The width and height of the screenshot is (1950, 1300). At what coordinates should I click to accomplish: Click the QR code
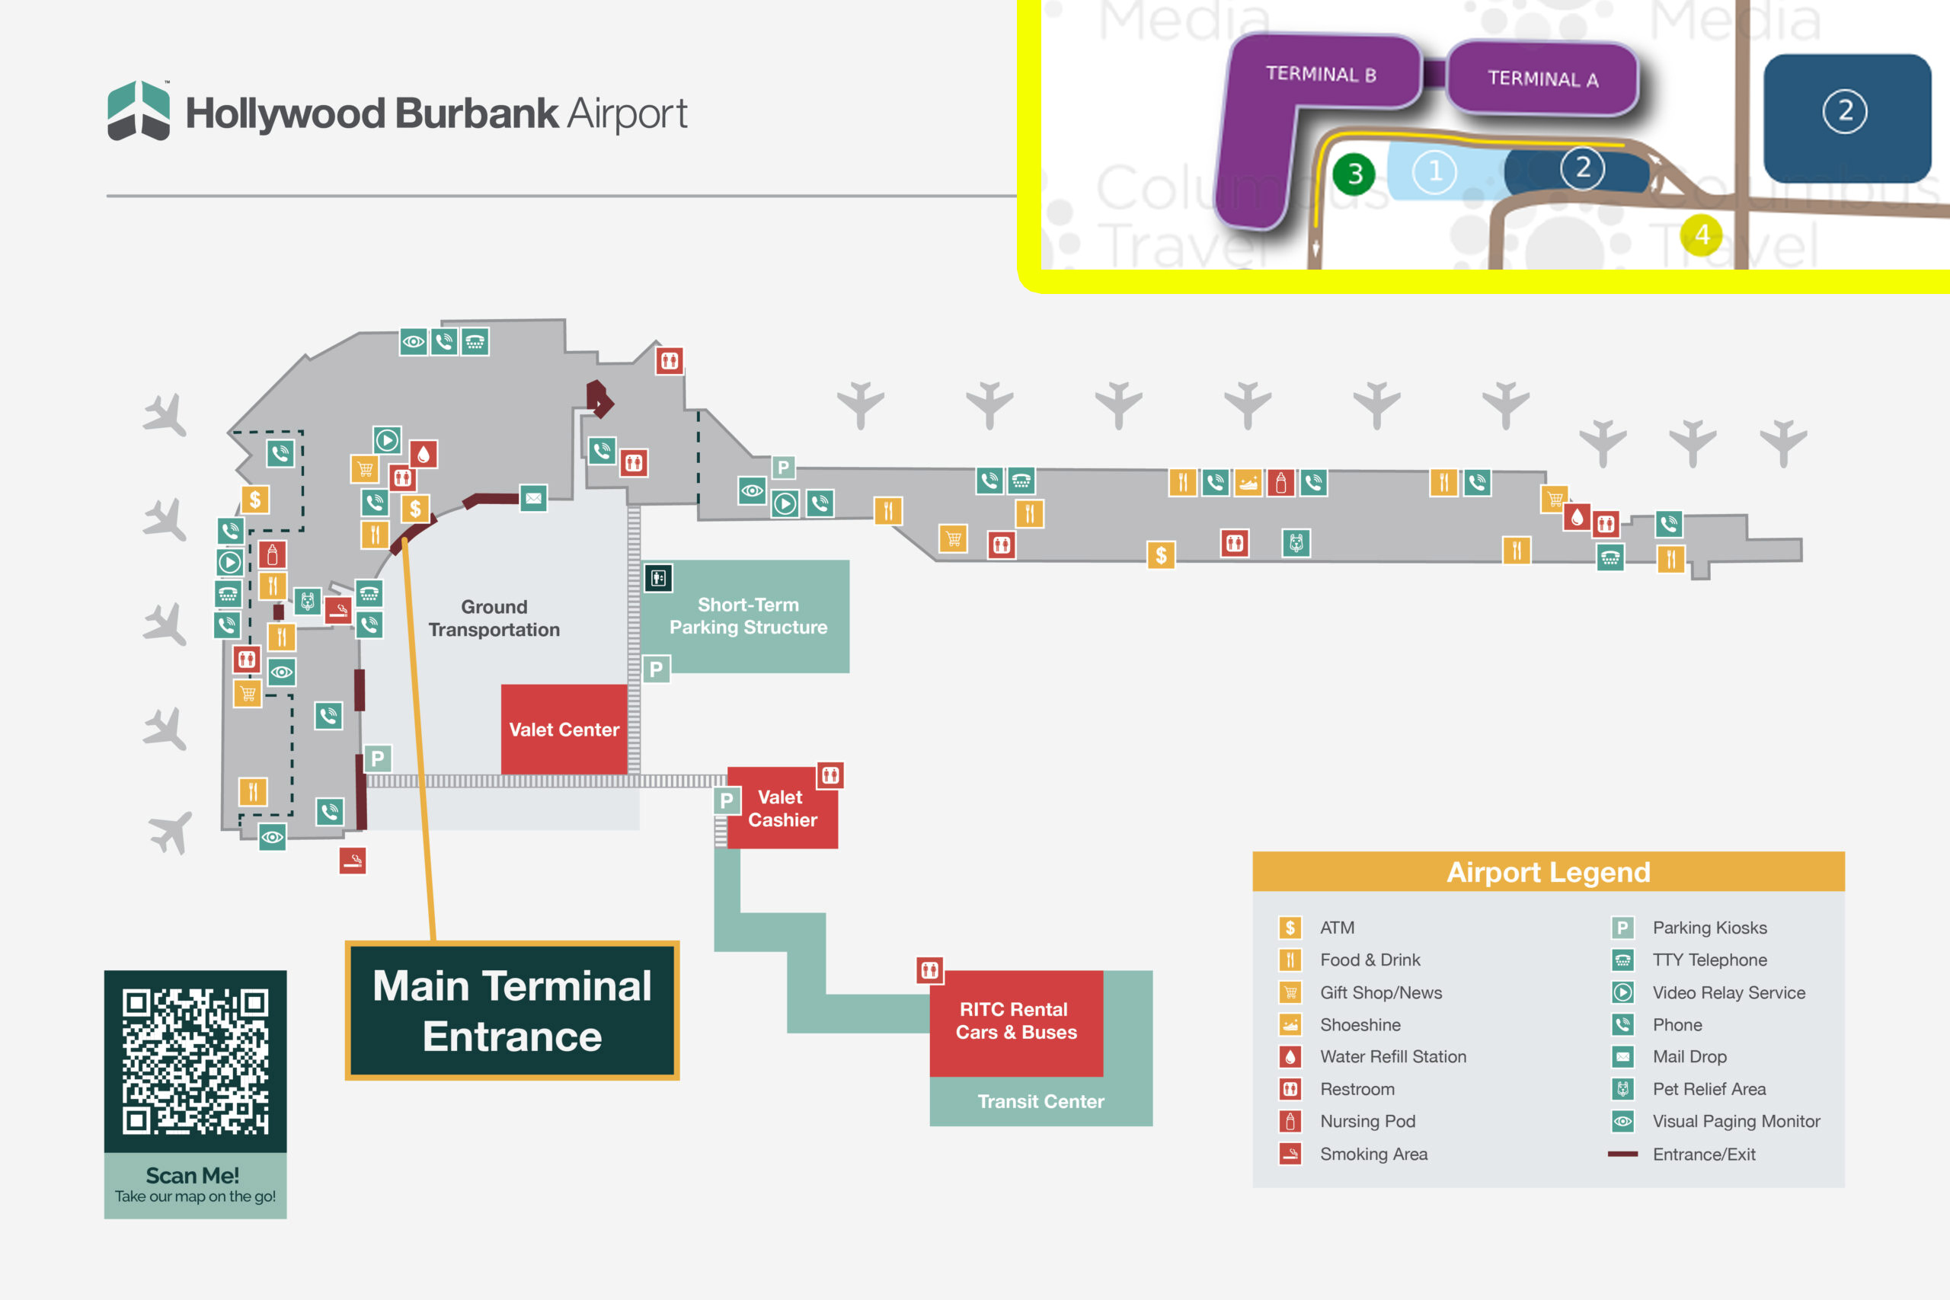pyautogui.click(x=196, y=1060)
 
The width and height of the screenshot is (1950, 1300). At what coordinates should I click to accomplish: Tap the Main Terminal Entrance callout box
pyautogui.click(x=513, y=1011)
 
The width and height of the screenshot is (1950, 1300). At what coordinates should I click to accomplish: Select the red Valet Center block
pyautogui.click(x=564, y=729)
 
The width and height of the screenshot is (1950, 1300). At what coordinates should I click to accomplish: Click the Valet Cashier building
pyautogui.click(x=782, y=808)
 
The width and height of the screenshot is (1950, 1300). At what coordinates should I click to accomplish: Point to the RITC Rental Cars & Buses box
pyautogui.click(x=1015, y=1021)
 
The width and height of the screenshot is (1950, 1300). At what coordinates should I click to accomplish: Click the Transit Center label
pyautogui.click(x=1041, y=1101)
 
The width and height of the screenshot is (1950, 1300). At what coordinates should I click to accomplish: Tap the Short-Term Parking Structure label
pyautogui.click(x=748, y=616)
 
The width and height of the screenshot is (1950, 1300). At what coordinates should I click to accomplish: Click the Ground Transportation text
pyautogui.click(x=494, y=618)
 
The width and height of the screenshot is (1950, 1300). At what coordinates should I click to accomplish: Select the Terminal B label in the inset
pyautogui.click(x=1321, y=74)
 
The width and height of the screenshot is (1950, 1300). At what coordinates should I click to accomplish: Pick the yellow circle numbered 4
pyautogui.click(x=1701, y=235)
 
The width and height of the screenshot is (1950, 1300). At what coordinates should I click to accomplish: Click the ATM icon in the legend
pyautogui.click(x=1290, y=928)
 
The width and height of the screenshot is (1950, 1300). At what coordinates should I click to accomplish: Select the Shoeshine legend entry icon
pyautogui.click(x=1290, y=1025)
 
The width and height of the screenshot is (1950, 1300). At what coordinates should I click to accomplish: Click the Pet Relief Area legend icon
pyautogui.click(x=1622, y=1088)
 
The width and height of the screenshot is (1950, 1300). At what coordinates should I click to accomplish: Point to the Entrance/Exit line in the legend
pyautogui.click(x=1622, y=1154)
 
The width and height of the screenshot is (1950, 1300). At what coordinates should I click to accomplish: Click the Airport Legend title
pyautogui.click(x=1548, y=872)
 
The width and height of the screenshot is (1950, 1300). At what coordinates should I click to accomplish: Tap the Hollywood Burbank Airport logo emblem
pyautogui.click(x=139, y=111)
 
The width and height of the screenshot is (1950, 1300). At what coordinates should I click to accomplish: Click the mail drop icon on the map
pyautogui.click(x=533, y=498)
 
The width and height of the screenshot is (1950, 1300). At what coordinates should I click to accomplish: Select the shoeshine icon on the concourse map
pyautogui.click(x=1248, y=483)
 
